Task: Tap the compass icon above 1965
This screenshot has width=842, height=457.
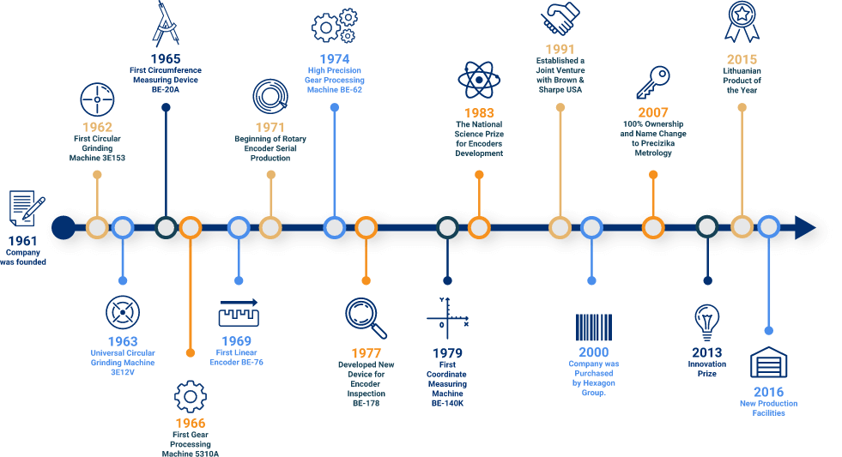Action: (x=166, y=23)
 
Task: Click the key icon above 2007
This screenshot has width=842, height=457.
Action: (x=653, y=83)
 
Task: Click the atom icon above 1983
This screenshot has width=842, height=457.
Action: (x=478, y=81)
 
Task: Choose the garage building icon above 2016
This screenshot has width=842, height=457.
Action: (x=768, y=362)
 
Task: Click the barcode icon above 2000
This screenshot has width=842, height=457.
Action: (x=593, y=328)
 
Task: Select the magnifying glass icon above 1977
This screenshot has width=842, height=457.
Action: (x=366, y=317)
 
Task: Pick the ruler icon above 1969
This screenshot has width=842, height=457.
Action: (x=239, y=313)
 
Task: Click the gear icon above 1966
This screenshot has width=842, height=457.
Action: (x=190, y=397)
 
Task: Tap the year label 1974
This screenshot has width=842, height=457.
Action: (x=334, y=58)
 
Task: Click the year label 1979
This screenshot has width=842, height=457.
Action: (x=447, y=352)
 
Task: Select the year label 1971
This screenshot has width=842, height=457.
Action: (x=270, y=127)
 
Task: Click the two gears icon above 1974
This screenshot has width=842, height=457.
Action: (x=334, y=26)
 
